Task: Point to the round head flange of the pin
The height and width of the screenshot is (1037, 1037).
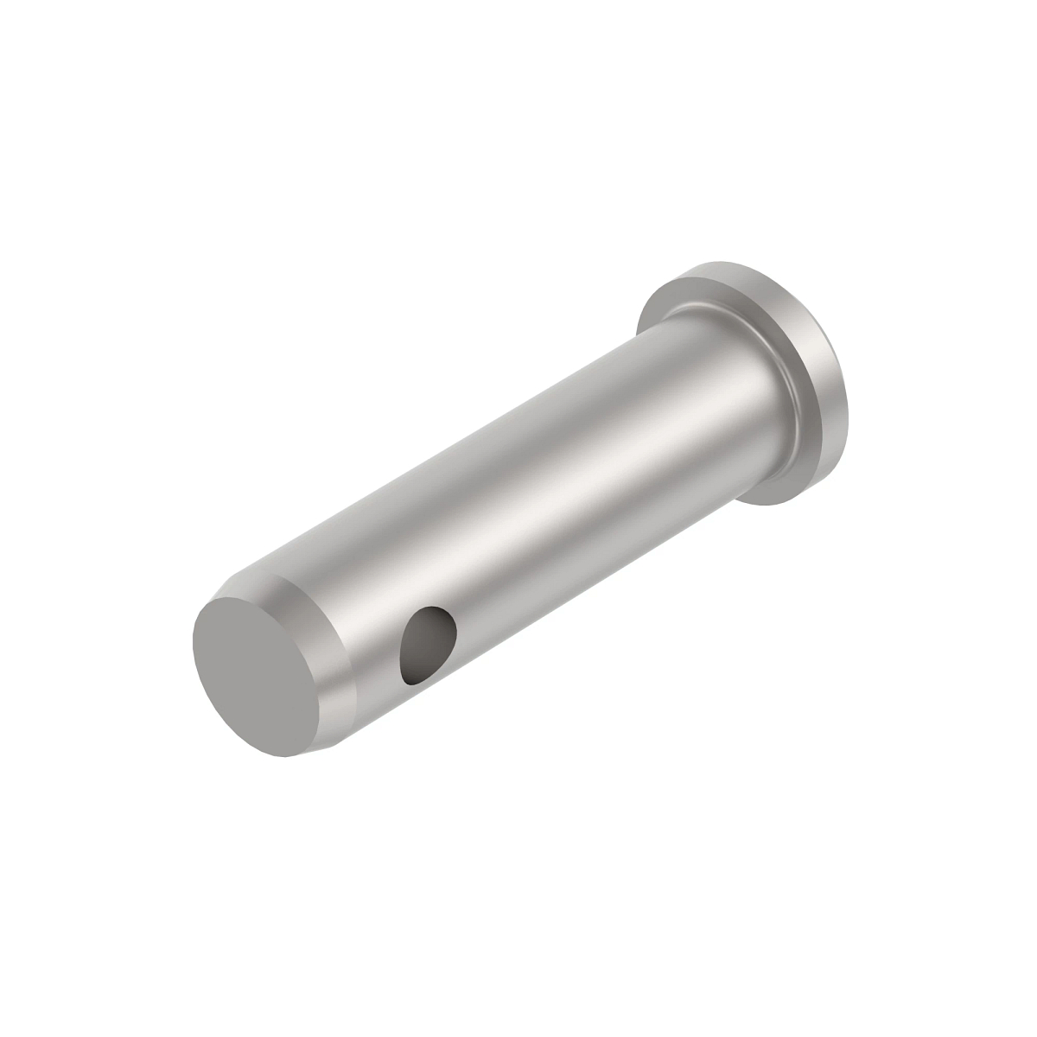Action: pyautogui.click(x=760, y=372)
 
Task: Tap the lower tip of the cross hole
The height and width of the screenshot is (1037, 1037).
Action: pyautogui.click(x=408, y=678)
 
